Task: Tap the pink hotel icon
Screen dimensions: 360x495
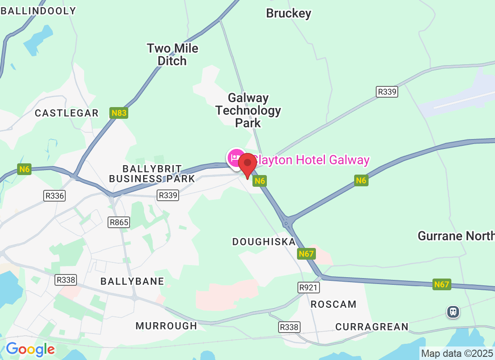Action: [x=235, y=158]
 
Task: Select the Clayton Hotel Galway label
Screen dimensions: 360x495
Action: [x=310, y=160]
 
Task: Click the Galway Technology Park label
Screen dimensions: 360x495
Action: [x=248, y=110]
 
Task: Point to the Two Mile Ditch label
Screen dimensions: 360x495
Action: [x=172, y=54]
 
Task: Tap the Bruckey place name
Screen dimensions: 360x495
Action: [x=288, y=13]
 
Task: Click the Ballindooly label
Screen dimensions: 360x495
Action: [x=38, y=11]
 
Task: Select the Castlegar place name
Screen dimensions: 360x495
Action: [x=67, y=113]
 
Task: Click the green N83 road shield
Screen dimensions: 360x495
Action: [x=119, y=113]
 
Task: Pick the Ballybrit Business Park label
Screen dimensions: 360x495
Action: [x=152, y=174]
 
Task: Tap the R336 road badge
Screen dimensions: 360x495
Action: [x=54, y=196]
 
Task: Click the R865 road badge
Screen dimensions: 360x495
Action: [x=119, y=222]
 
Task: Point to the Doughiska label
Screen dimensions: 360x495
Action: [x=264, y=242]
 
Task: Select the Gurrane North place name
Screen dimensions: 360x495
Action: [x=455, y=236]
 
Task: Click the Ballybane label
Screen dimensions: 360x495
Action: [x=126, y=281]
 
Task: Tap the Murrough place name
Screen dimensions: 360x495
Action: [x=166, y=326]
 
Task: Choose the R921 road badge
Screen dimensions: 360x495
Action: [x=308, y=287]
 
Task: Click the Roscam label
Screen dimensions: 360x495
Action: [x=333, y=305]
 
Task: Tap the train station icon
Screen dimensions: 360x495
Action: [x=453, y=311]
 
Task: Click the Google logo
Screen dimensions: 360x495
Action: [x=30, y=349]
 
